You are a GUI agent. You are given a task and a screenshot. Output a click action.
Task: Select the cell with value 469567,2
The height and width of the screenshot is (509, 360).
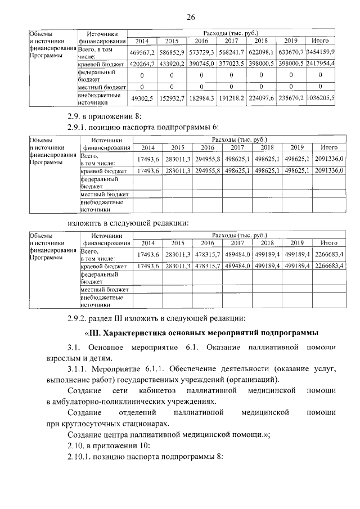click(x=142, y=52)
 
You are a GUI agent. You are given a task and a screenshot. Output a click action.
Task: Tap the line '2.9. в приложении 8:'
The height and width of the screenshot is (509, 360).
click(x=98, y=117)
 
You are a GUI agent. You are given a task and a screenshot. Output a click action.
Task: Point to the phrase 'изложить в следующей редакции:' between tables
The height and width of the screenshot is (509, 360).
click(x=128, y=223)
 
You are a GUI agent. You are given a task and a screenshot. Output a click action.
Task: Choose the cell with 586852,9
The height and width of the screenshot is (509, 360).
click(x=174, y=52)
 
